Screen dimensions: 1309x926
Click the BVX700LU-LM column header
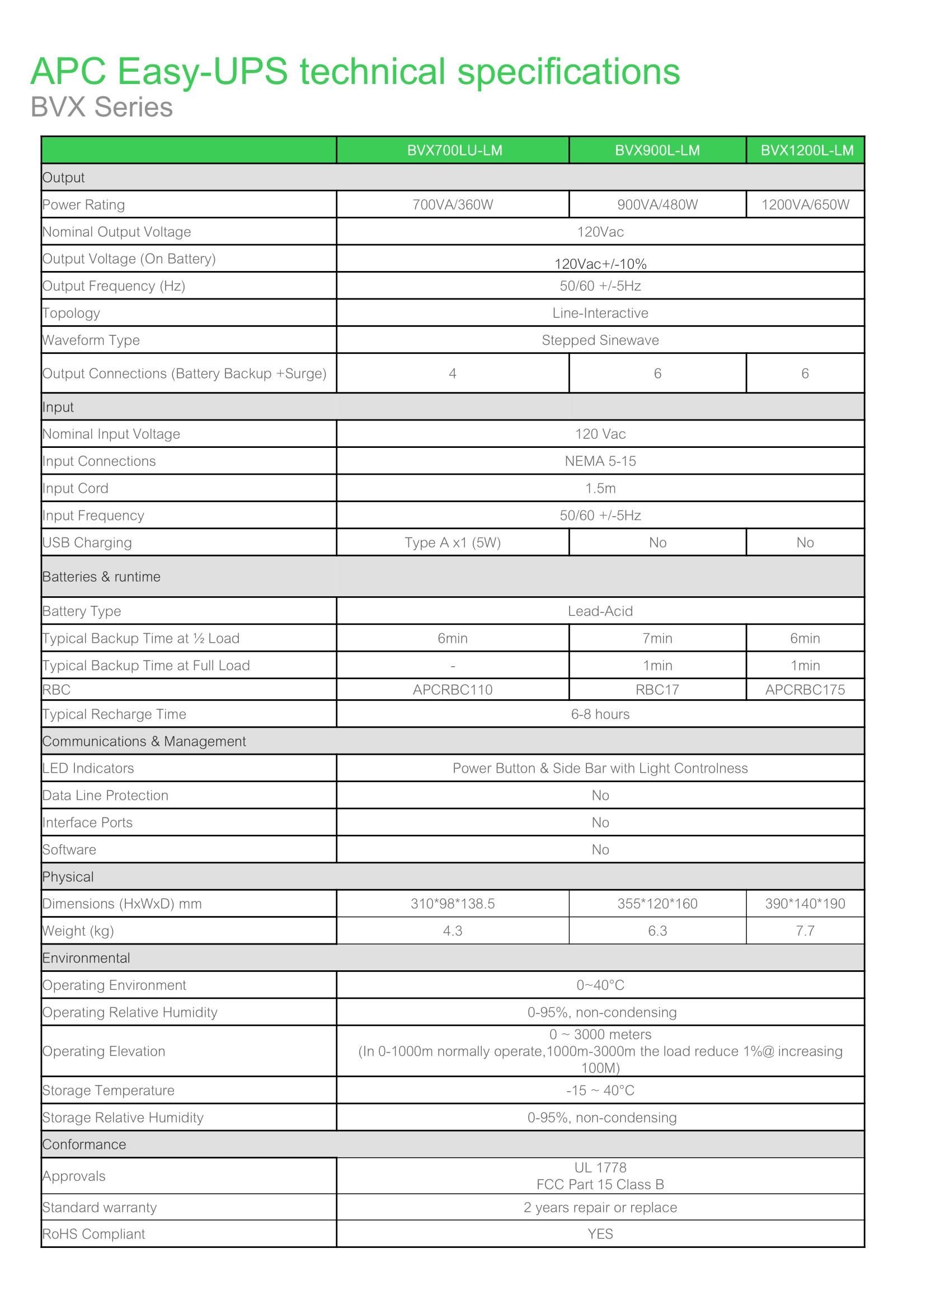click(454, 151)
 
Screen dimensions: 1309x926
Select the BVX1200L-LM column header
click(807, 151)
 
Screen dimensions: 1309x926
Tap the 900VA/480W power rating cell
click(657, 205)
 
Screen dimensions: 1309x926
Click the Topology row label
click(71, 314)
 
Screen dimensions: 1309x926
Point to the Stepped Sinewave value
click(600, 340)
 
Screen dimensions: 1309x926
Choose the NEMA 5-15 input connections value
click(600, 462)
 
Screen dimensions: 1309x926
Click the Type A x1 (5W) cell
click(452, 543)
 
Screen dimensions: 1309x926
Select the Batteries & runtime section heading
click(101, 577)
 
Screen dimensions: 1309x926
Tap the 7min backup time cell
click(657, 638)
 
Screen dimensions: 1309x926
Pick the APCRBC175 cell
click(805, 690)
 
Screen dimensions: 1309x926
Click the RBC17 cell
click(657, 690)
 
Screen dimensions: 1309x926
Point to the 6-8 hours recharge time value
click(600, 714)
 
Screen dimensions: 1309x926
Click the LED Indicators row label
click(88, 769)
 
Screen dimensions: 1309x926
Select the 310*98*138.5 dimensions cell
click(452, 904)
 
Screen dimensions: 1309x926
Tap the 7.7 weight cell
click(805, 931)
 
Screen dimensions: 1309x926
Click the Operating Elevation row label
click(104, 1051)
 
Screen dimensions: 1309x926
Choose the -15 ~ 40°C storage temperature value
click(600, 1091)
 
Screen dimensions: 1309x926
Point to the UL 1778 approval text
click(600, 1168)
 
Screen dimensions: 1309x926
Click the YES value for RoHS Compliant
click(600, 1234)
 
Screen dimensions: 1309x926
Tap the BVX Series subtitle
click(101, 107)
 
